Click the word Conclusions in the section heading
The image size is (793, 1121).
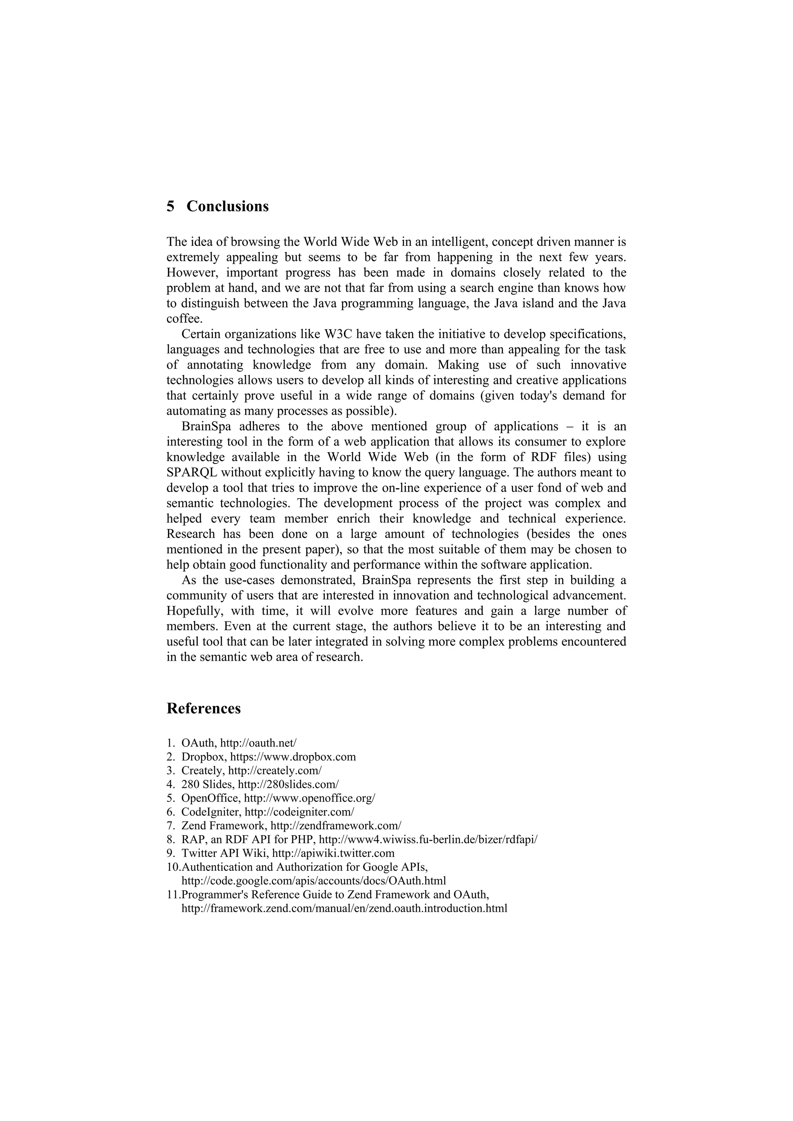coord(227,207)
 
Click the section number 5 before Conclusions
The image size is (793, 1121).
coord(170,207)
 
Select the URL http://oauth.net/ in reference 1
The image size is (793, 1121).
coord(258,743)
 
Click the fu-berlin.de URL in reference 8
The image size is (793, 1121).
coord(428,840)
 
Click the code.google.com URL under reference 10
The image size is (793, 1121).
coord(313,881)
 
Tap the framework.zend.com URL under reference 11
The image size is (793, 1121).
coord(344,909)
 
